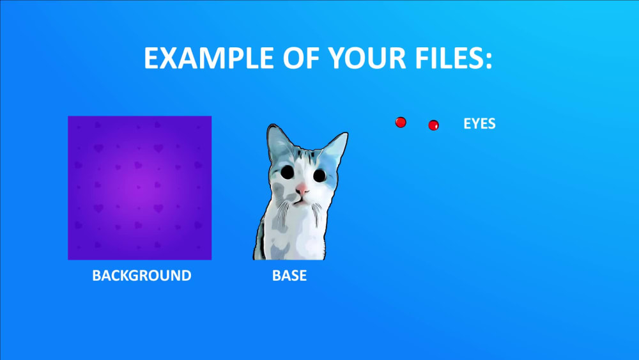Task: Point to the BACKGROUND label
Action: click(141, 276)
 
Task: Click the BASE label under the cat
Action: click(289, 276)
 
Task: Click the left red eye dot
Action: click(401, 122)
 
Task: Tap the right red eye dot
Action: click(433, 125)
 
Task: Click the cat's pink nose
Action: click(302, 189)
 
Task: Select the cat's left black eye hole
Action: click(288, 172)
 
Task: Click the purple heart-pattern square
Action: click(139, 188)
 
